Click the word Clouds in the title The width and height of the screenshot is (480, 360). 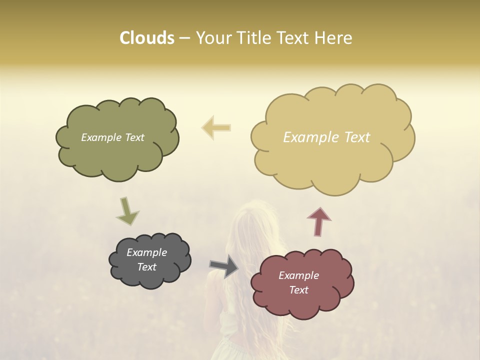(x=147, y=38)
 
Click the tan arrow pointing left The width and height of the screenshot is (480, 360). (x=216, y=127)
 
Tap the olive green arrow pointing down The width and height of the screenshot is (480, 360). (x=127, y=210)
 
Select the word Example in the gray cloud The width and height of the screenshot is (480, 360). (x=146, y=252)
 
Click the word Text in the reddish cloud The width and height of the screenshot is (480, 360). (x=298, y=290)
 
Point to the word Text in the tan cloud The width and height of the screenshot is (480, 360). (x=355, y=137)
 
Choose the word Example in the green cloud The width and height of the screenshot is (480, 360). (x=100, y=137)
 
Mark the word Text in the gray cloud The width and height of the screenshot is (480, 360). (x=146, y=267)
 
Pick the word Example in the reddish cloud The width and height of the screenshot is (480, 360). (x=298, y=275)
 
